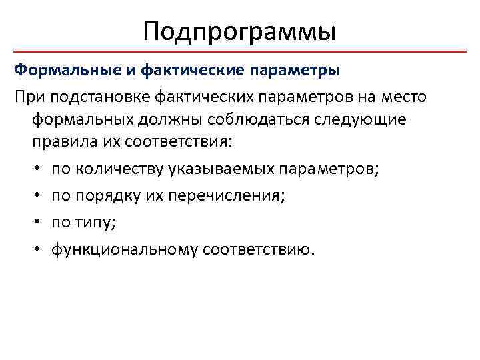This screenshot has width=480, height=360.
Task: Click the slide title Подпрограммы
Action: pyautogui.click(x=239, y=31)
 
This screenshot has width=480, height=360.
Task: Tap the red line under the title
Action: pyautogui.click(x=240, y=51)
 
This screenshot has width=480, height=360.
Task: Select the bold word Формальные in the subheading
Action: pyautogui.click(x=55, y=69)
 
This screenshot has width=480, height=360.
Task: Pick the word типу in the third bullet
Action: pyautogui.click(x=95, y=223)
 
